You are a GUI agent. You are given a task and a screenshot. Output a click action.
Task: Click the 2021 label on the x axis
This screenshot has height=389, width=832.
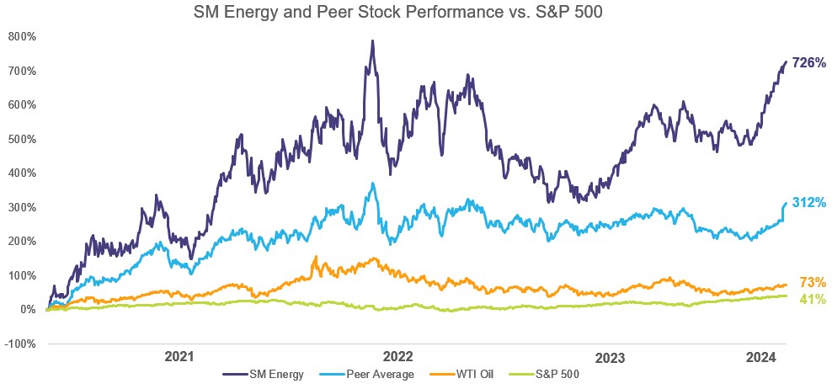click(x=179, y=357)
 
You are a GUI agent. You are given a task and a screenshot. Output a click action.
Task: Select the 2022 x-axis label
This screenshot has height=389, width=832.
click(x=397, y=357)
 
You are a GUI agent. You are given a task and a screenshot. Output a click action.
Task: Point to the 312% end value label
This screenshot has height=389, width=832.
click(x=808, y=203)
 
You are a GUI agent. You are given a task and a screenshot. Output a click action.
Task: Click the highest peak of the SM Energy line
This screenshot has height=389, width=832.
click(x=371, y=40)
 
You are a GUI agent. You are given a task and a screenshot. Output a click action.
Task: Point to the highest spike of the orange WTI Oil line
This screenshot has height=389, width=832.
click(x=316, y=257)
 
